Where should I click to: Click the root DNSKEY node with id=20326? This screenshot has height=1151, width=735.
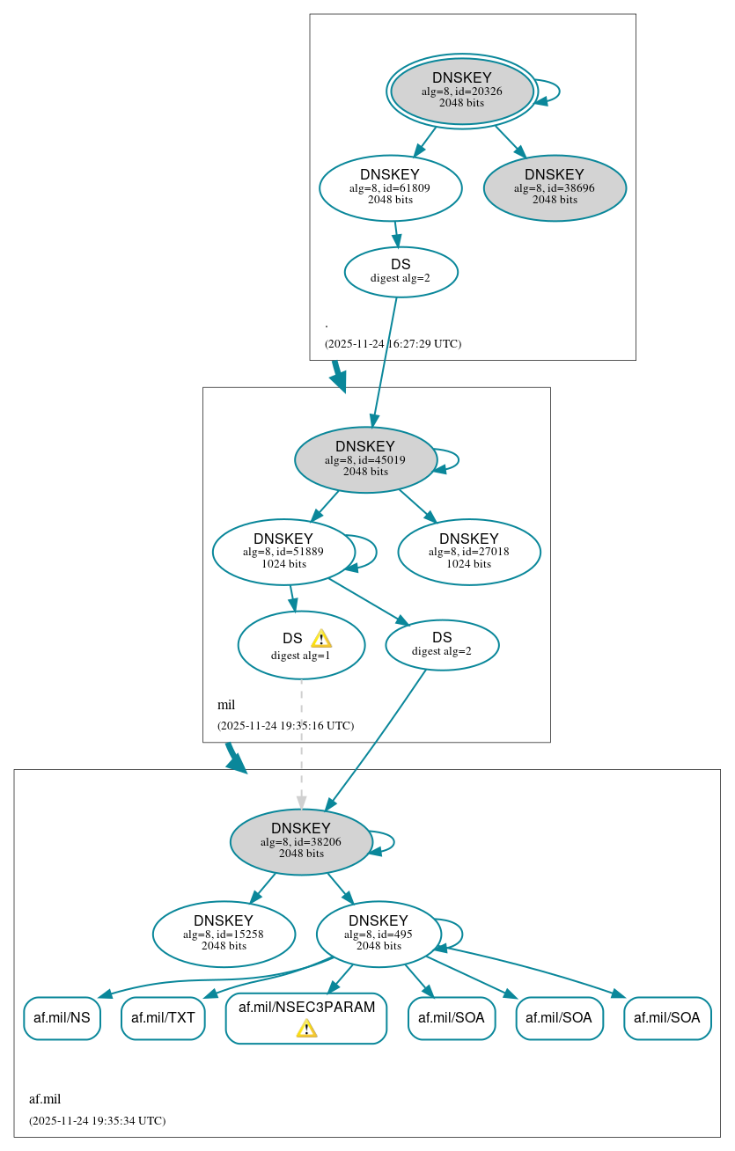[x=461, y=91]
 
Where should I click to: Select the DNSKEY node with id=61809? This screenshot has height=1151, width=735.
[x=390, y=187]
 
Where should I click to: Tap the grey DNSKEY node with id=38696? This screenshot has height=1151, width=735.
[x=555, y=187]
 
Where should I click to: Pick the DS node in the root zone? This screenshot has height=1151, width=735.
[x=401, y=272]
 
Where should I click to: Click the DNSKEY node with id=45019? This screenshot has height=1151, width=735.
[x=365, y=459]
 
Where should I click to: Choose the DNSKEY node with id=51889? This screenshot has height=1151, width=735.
[x=283, y=552]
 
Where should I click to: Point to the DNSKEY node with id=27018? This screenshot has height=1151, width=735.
[x=468, y=552]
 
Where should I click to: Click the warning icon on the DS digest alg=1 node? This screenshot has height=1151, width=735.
[x=321, y=639]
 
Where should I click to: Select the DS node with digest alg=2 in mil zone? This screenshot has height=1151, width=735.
[x=442, y=645]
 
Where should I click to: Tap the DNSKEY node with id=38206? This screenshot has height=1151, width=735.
[x=301, y=841]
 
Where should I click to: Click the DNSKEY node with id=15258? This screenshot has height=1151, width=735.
[x=224, y=934]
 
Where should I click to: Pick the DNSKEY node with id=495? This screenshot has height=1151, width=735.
[x=379, y=934]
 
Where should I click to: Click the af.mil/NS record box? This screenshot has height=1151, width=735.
[x=62, y=1018]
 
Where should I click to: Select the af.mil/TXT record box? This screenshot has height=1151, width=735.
[x=163, y=1018]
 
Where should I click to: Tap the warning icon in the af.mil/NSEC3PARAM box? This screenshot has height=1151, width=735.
[x=306, y=1028]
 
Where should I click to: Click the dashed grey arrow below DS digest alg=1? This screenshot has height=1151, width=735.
[x=302, y=739]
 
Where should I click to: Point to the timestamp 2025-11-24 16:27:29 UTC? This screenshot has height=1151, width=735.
[x=393, y=344]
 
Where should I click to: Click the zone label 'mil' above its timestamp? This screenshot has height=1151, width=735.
[x=226, y=705]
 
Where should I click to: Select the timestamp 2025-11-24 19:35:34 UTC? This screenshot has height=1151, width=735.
[x=97, y=1121]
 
